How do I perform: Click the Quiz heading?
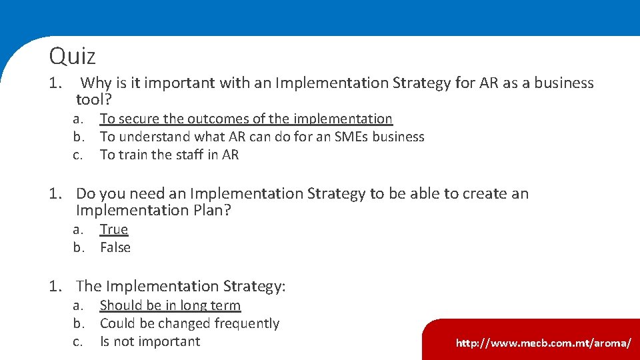point(72,56)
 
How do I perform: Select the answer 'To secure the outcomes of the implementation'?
point(246,119)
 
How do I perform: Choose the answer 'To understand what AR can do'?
point(262,137)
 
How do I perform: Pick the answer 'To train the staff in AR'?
point(169,155)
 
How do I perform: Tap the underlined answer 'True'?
point(114,229)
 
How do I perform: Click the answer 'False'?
point(115,247)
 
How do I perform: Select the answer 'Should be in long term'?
point(170,305)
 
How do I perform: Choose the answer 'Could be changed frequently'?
point(189,323)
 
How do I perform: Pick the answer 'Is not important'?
point(150,341)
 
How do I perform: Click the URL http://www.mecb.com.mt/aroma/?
point(543,343)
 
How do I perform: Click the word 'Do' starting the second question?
point(85,194)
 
